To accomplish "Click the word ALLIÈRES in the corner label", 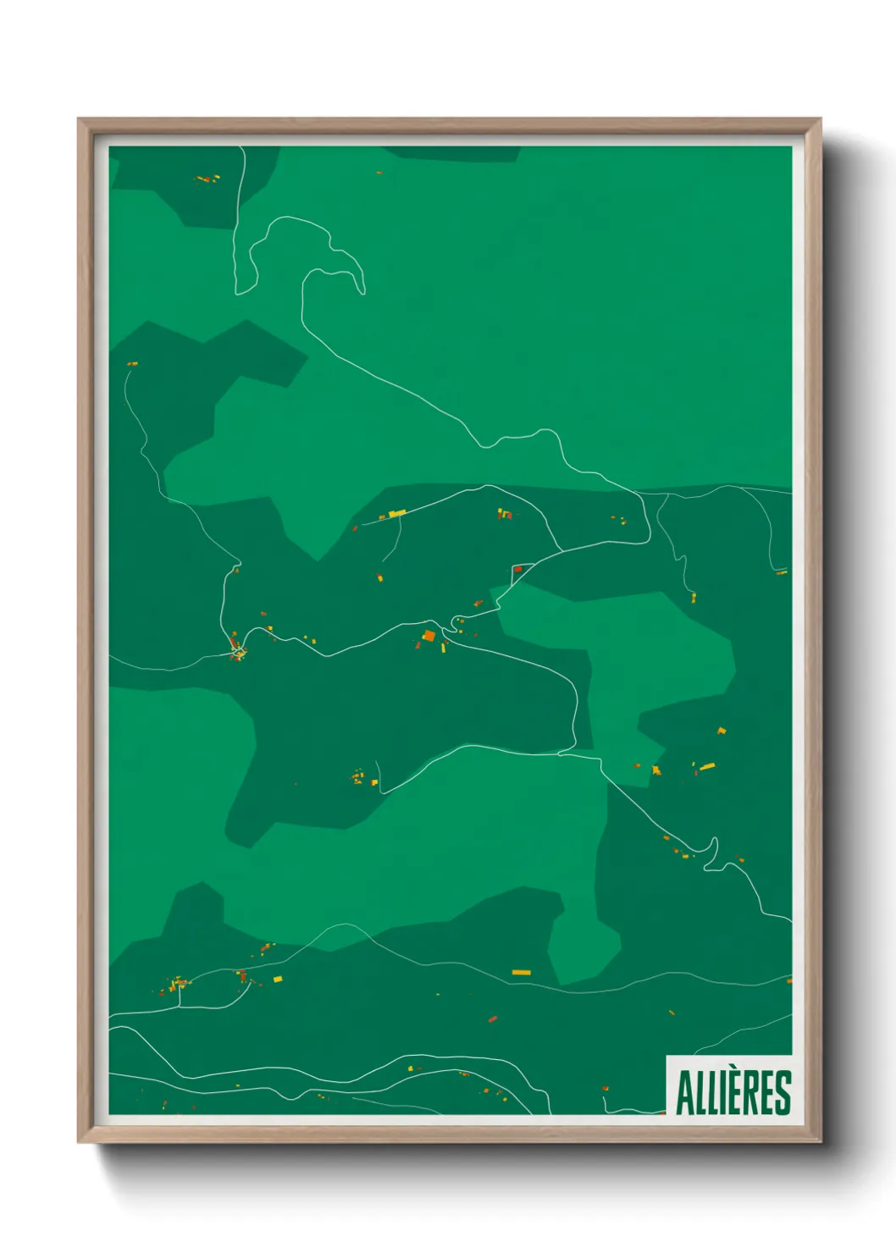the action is click(733, 1092).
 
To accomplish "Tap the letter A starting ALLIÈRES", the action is click(684, 1093).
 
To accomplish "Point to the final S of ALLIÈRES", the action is click(783, 1093).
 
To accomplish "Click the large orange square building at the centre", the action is click(429, 635).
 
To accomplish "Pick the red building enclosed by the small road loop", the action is click(517, 570).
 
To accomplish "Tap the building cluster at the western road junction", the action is click(236, 650).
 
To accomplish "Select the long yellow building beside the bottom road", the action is click(521, 973).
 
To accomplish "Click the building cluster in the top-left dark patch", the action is click(207, 179).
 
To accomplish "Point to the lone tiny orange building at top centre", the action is click(379, 173).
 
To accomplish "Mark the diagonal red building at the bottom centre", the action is click(492, 1019).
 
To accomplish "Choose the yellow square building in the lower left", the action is click(277, 980).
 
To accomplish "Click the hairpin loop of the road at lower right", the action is click(713, 851).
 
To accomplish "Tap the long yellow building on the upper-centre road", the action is click(396, 513).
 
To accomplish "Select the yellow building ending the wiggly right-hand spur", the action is click(693, 597).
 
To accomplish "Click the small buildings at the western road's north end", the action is click(132, 364).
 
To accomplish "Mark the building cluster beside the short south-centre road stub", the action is click(359, 777).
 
